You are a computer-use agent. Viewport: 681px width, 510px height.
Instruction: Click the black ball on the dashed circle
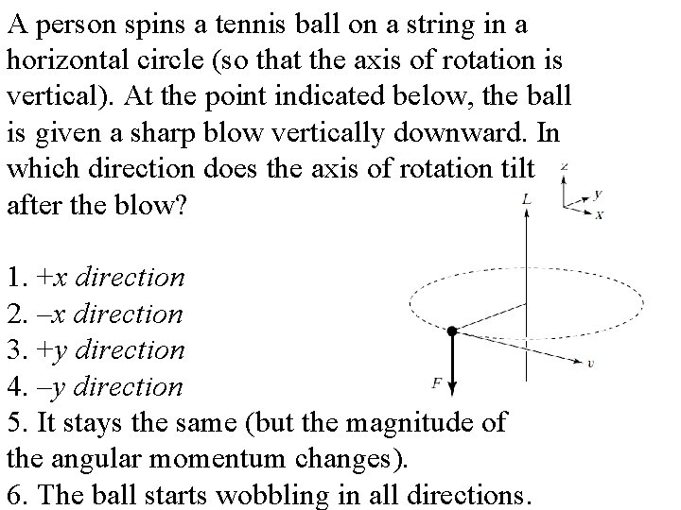point(452,331)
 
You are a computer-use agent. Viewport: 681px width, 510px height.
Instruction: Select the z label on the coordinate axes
point(564,166)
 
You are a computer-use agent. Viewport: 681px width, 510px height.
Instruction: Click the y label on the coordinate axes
point(599,195)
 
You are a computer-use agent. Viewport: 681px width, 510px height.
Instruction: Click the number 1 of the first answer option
point(12,278)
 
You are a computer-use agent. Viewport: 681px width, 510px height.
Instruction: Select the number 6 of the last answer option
point(13,494)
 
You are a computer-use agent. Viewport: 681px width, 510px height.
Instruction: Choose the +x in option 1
point(50,278)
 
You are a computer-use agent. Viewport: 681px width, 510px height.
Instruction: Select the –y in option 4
point(50,386)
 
